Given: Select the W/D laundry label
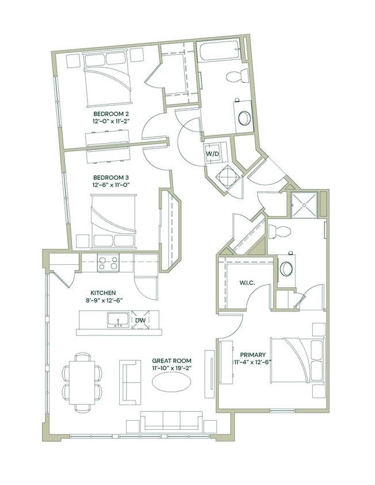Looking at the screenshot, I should coord(212,153).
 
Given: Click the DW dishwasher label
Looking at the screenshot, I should coord(140,320).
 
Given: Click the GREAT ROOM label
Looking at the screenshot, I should coord(171,360).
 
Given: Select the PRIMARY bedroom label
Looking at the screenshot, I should coord(252,355).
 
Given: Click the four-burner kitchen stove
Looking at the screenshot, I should coord(108,263).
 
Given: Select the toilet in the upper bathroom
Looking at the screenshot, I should coord(236,75).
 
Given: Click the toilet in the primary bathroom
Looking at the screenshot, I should coord(282,232).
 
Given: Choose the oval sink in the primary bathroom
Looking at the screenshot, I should coord(286,268).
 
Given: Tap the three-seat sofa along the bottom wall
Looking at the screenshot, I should coord(172,422).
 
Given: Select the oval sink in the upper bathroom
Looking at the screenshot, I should coord(244,117).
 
